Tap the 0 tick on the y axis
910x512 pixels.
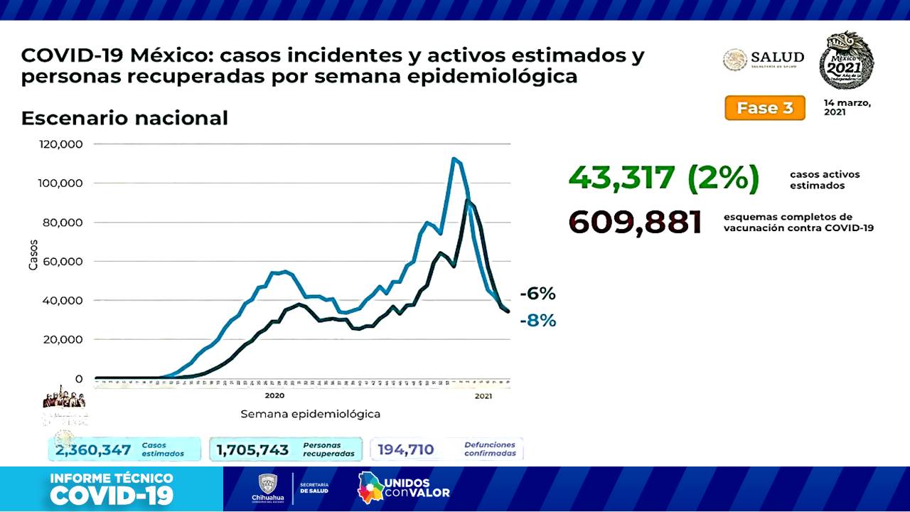[79, 379]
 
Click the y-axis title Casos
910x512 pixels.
[33, 255]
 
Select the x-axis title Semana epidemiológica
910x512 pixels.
[310, 414]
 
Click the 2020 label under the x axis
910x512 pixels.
[274, 396]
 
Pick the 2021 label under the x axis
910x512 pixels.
[483, 396]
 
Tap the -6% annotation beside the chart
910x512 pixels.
[537, 294]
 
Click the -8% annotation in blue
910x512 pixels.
[537, 321]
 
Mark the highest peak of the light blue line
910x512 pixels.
[454, 159]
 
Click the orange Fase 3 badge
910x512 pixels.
[765, 108]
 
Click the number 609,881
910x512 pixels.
[636, 223]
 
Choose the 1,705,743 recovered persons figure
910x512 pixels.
[252, 450]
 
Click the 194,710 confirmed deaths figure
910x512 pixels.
[406, 450]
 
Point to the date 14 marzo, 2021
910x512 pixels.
[847, 107]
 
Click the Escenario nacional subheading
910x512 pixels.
[124, 118]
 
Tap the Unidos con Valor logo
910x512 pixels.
[404, 487]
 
